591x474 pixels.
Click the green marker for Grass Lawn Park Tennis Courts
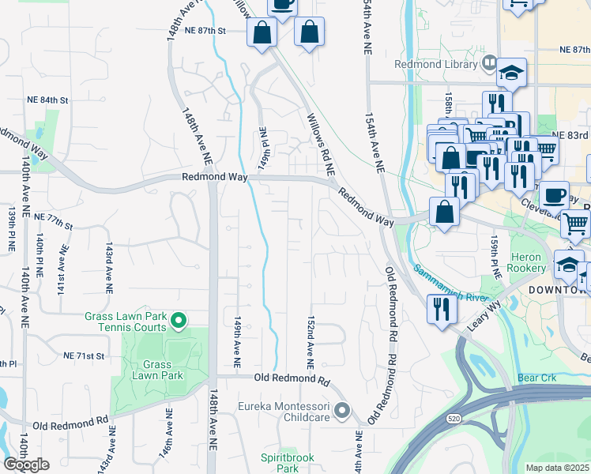(179, 321)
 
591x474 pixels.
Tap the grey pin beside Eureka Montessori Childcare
(342, 410)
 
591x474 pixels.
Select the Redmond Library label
(437, 64)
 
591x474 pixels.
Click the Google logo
(26, 465)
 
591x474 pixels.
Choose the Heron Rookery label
(526, 262)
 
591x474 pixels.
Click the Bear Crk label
(537, 378)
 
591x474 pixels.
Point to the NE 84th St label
(48, 100)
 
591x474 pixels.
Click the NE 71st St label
(88, 356)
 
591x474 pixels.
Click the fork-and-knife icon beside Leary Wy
(439, 308)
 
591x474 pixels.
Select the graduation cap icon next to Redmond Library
(511, 73)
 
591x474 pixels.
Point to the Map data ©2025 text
(558, 468)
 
